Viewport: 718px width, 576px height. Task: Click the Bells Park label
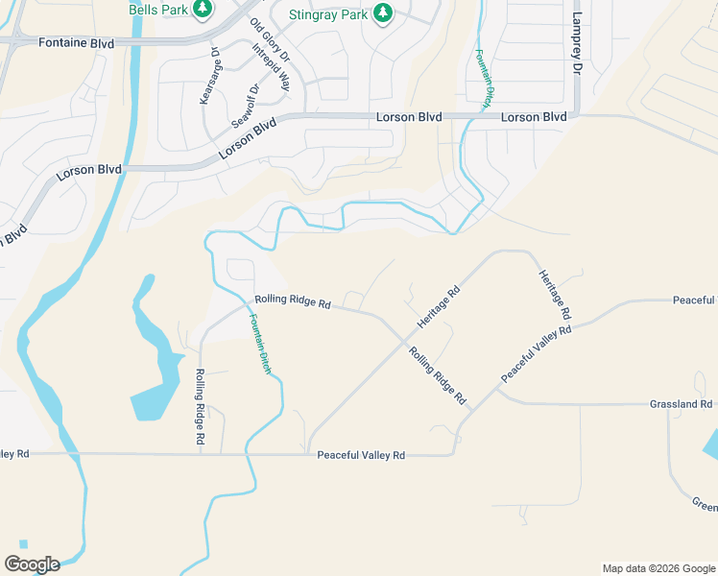[x=159, y=10]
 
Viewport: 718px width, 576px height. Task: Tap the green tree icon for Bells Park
[x=202, y=10]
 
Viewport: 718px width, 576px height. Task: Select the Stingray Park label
[x=328, y=14]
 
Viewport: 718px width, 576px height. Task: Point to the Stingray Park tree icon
[x=382, y=12]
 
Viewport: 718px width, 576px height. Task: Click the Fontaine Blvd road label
[x=76, y=43]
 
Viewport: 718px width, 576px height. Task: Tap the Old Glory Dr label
[x=270, y=42]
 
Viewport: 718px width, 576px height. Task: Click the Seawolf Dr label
[x=247, y=107]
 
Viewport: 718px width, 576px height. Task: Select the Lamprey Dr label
[x=577, y=44]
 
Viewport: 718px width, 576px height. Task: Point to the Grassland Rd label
[x=681, y=405]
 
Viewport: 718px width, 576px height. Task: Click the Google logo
[x=32, y=564]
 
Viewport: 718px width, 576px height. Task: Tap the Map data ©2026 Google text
[x=658, y=568]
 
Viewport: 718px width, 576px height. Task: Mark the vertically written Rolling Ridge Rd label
[x=201, y=406]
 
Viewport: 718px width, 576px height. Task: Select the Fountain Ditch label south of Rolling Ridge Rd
[x=260, y=344]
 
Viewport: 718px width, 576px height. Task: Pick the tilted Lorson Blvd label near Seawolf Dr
[x=247, y=138]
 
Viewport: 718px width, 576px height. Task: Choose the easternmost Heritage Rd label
[x=555, y=294]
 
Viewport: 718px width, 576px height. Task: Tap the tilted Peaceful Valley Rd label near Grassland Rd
[x=536, y=355]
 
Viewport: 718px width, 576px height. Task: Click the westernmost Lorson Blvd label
[x=89, y=170]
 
